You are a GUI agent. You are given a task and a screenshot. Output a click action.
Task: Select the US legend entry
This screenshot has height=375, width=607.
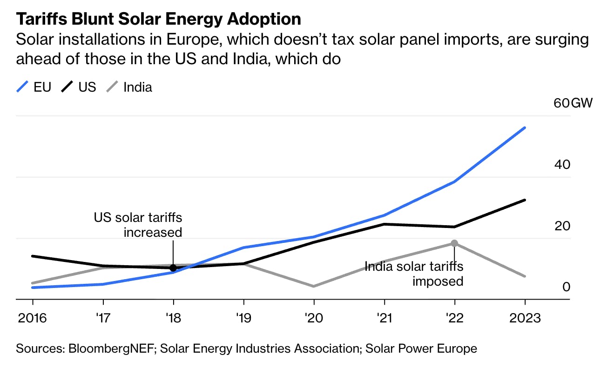(x=80, y=87)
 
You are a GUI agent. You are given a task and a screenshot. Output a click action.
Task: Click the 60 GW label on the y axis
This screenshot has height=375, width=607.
(x=573, y=103)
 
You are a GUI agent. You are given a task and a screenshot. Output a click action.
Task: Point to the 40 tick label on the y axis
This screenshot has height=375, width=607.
(x=562, y=165)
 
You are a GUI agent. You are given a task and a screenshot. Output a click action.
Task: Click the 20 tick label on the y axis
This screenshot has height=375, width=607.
(x=562, y=226)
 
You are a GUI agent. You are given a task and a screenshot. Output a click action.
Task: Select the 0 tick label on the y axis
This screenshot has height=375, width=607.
(x=566, y=287)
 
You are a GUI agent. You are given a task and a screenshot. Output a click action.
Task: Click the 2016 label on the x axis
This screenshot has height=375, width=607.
(x=33, y=318)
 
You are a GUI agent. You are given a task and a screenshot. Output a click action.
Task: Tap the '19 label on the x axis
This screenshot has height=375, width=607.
(x=243, y=318)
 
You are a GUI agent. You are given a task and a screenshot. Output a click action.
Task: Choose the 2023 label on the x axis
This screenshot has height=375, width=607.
(x=525, y=318)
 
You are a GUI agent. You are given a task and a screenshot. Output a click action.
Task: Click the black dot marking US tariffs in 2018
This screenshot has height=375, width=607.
(x=173, y=268)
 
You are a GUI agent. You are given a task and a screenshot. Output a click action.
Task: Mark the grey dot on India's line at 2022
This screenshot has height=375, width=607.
(x=454, y=243)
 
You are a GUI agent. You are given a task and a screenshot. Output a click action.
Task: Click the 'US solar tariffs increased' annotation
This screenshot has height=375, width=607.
(x=138, y=225)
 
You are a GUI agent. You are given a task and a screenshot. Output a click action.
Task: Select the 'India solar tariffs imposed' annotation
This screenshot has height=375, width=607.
(x=414, y=274)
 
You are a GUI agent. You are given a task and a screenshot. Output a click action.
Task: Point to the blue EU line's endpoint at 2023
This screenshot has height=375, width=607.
(x=525, y=127)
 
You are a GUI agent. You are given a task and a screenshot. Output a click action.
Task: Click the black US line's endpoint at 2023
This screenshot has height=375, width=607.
(x=525, y=200)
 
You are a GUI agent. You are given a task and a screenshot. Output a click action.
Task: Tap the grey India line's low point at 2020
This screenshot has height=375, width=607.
(x=314, y=286)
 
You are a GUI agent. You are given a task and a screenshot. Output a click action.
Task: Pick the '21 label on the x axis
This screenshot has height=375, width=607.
(x=384, y=318)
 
